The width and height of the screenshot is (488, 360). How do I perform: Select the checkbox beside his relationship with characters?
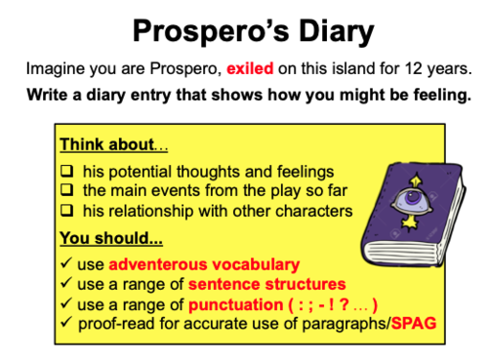pos(65,211)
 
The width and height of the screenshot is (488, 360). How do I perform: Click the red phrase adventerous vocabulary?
pos(204,263)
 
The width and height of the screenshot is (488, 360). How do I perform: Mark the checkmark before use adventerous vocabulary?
pos(64,263)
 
